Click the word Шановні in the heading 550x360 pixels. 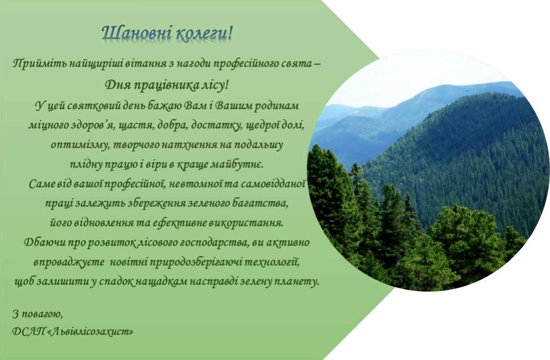click(137, 33)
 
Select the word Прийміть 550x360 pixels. click(39, 64)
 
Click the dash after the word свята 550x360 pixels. click(317, 64)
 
